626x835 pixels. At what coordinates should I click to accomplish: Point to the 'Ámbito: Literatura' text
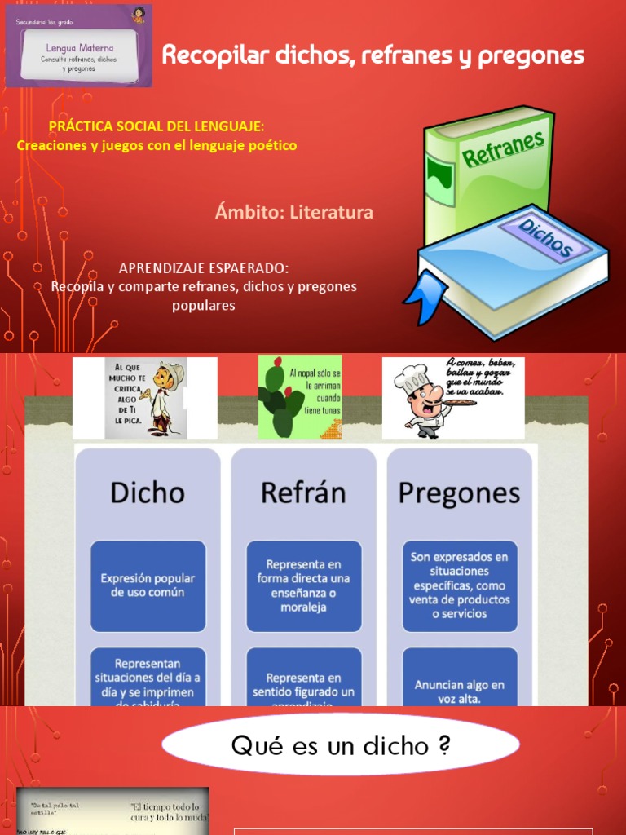[x=294, y=213]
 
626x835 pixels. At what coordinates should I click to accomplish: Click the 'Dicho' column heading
[x=148, y=493]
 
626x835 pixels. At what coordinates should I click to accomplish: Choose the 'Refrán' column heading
[x=303, y=493]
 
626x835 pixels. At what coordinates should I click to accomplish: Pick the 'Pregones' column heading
[x=459, y=493]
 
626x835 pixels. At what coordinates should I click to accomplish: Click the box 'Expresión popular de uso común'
[x=148, y=585]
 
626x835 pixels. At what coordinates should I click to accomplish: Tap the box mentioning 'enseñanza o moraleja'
[x=303, y=585]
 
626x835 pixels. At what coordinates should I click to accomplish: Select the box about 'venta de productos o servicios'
[x=460, y=585]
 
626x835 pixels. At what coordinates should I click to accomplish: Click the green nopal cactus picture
[x=281, y=400]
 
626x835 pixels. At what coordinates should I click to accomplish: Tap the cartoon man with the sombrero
[x=164, y=397]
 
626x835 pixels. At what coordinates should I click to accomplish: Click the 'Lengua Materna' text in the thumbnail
[x=79, y=48]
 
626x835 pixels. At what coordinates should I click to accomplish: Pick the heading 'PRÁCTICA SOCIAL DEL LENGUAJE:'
[x=156, y=128]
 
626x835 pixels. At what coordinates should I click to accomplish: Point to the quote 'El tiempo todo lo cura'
[x=170, y=811]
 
